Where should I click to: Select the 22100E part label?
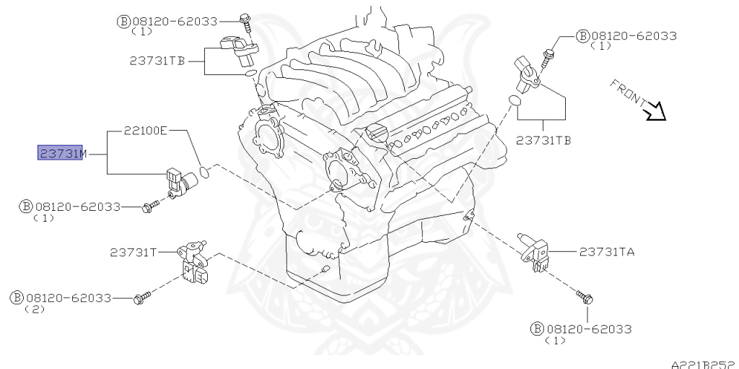pyautogui.click(x=146, y=130)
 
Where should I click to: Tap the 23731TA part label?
pyautogui.click(x=607, y=252)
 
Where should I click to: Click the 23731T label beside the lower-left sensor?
pyautogui.click(x=134, y=253)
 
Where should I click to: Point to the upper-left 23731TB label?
pyautogui.click(x=157, y=61)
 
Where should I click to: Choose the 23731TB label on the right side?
pyautogui.click(x=543, y=140)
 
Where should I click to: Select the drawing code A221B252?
pyautogui.click(x=704, y=365)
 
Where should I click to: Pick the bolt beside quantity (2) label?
pyautogui.click(x=142, y=298)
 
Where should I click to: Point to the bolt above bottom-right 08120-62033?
pyautogui.click(x=585, y=298)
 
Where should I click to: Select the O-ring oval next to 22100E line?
pyautogui.click(x=204, y=172)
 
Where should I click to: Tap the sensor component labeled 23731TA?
pyautogui.click(x=534, y=253)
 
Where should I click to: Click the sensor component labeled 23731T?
pyautogui.click(x=193, y=264)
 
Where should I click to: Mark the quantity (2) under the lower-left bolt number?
pyautogui.click(x=35, y=310)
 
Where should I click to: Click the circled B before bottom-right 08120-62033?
pyautogui.click(x=537, y=329)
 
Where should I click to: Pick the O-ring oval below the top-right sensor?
pyautogui.click(x=514, y=100)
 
